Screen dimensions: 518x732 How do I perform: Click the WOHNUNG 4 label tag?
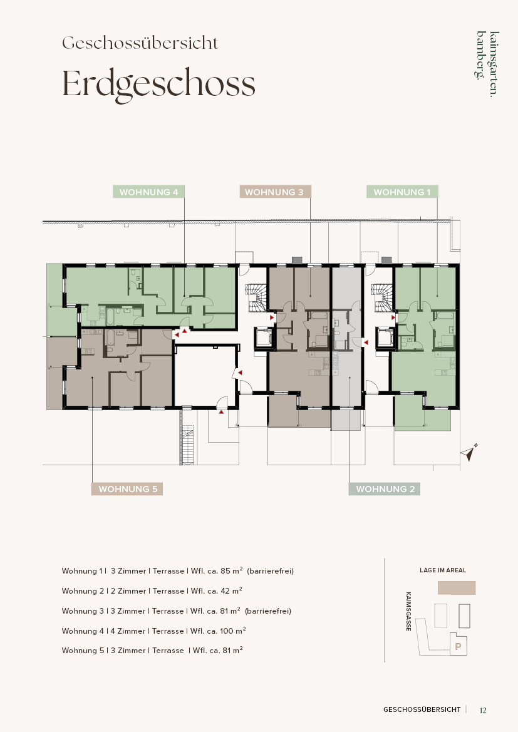coord(148,192)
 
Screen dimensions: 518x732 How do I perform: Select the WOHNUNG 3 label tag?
coord(275,192)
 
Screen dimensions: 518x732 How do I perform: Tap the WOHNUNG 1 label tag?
coord(402,192)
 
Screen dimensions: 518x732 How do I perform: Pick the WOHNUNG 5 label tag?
coord(127,489)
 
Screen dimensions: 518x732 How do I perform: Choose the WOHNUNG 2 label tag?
coord(385,489)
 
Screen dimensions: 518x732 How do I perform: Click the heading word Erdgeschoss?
coord(159,85)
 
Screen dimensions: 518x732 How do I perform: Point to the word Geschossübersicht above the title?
coord(140,43)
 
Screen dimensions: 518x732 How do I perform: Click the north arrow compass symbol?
coord(469,452)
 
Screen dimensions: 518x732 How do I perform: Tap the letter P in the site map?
coord(458,647)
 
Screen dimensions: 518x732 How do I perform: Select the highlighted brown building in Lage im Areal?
coord(457,588)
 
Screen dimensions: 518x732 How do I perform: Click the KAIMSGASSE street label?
coord(409,612)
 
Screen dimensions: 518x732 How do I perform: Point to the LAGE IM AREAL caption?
coord(443,570)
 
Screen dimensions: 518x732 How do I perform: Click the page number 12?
coord(483,710)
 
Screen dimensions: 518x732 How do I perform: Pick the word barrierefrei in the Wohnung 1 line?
coord(270,571)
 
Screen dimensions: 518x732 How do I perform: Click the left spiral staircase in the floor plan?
coord(256,298)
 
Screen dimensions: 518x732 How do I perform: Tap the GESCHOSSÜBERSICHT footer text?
coord(422,709)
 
